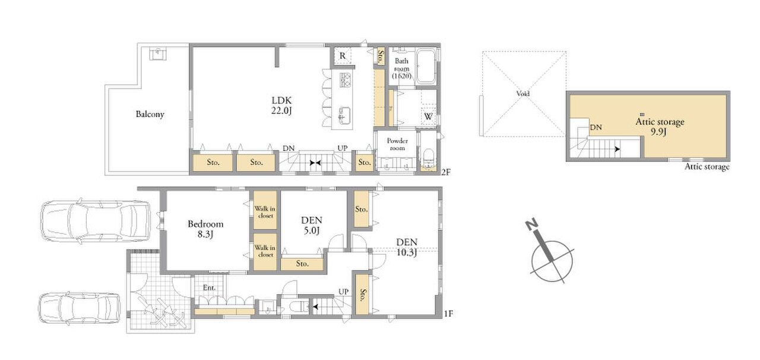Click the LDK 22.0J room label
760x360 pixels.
[x=281, y=105]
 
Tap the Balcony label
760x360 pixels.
[x=150, y=114]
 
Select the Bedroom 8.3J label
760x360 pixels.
[x=205, y=229]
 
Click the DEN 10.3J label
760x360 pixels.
[x=407, y=247]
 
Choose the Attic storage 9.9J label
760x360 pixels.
[x=660, y=127]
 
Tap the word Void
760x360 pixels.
[x=523, y=93]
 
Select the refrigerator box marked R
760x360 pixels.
[x=343, y=56]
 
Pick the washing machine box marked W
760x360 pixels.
[x=428, y=116]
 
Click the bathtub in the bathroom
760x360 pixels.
[x=426, y=67]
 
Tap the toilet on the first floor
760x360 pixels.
[x=299, y=307]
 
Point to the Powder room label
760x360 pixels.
[x=397, y=144]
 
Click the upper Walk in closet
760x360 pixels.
[x=265, y=212]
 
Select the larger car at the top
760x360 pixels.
[x=96, y=221]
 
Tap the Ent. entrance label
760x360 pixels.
[x=209, y=288]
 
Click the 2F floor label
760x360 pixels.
[x=446, y=172]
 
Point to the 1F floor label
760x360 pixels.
[x=448, y=314]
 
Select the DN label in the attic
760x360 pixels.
[x=596, y=127]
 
